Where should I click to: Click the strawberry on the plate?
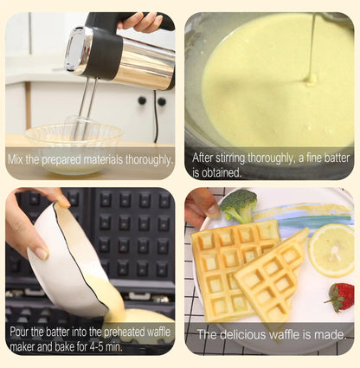coord(340,296)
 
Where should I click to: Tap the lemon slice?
coord(332,249)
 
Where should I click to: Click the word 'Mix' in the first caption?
coord(23,159)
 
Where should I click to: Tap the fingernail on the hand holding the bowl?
coord(40,253)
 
